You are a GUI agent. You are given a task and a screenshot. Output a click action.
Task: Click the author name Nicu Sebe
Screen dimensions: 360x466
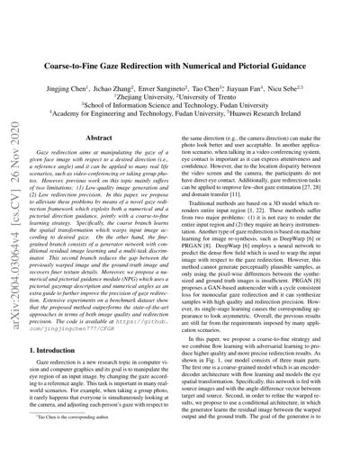(x=302, y=67)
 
